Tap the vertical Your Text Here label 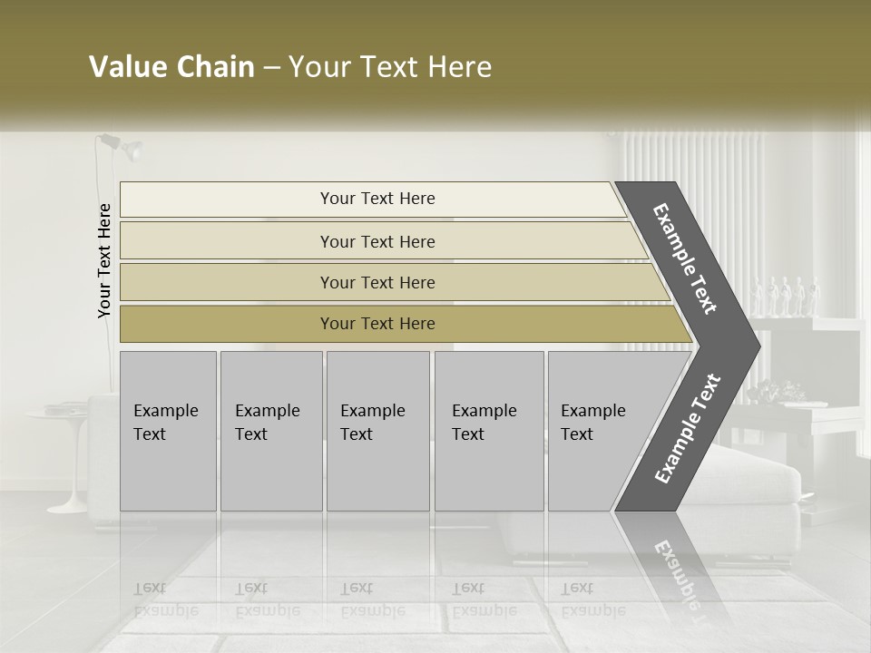coord(104,261)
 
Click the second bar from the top coord(377,241)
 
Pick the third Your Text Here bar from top coord(377,282)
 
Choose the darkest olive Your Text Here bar coord(377,324)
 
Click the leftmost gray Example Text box coord(168,431)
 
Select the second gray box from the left coord(270,431)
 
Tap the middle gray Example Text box coord(377,431)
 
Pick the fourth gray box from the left coord(488,431)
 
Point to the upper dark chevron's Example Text coord(686,259)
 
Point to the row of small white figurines coord(786,295)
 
